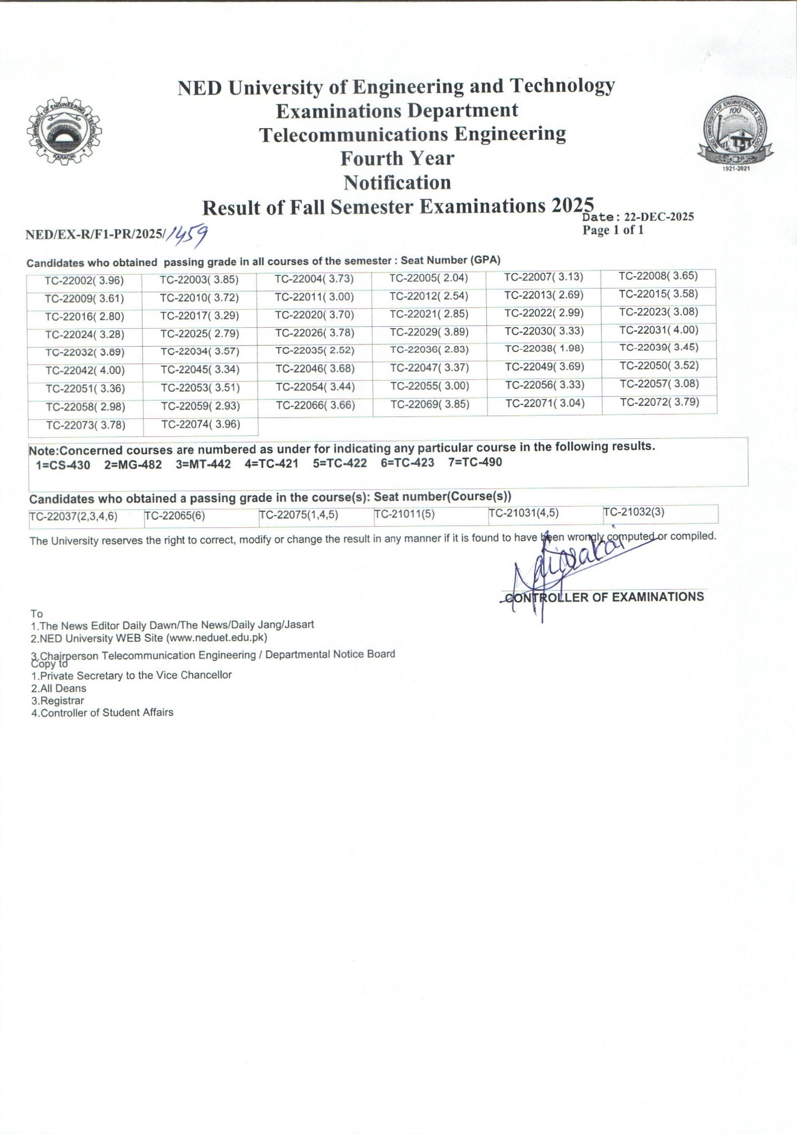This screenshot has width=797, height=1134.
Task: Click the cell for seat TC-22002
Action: (84, 281)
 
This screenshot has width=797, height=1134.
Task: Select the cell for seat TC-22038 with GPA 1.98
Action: (544, 349)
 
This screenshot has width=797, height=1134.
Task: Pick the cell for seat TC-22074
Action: (200, 424)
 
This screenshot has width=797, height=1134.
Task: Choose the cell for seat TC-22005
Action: (429, 278)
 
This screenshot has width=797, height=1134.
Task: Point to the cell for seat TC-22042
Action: (85, 370)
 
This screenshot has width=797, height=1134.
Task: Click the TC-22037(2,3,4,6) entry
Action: (74, 517)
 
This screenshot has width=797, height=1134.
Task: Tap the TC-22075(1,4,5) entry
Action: (299, 515)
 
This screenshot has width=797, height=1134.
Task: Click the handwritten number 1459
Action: (187, 236)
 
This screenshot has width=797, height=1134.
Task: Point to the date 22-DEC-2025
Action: (659, 217)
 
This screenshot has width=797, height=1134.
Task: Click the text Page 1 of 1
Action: (613, 230)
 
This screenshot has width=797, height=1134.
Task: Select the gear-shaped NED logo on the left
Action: (64, 131)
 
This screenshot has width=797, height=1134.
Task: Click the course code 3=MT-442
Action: (203, 465)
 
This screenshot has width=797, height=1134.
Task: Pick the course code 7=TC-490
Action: (475, 462)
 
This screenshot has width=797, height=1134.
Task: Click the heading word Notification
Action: (398, 183)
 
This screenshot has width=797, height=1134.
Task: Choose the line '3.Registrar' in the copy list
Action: (57, 700)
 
